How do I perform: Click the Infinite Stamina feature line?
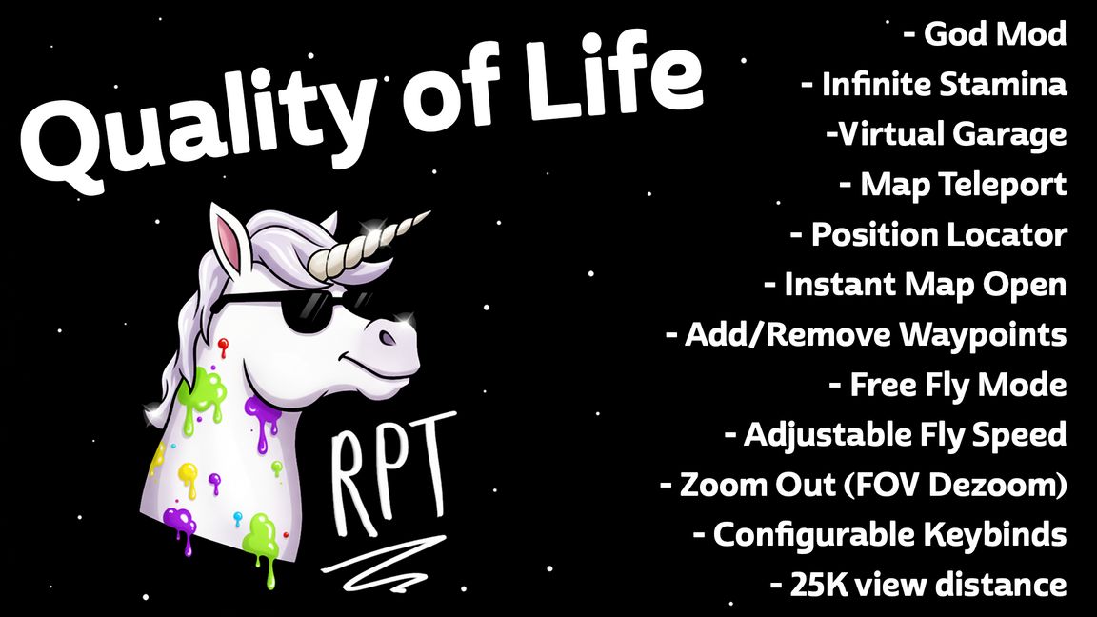click(x=933, y=84)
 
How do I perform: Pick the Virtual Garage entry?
click(x=947, y=133)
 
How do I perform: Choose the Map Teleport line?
click(x=953, y=184)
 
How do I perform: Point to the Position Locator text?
click(x=928, y=234)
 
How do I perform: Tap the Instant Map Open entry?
click(x=915, y=284)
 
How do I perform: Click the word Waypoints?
click(x=984, y=334)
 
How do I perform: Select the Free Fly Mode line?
click(x=947, y=385)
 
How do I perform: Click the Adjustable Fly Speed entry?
click(x=895, y=434)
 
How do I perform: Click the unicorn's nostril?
click(x=387, y=337)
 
